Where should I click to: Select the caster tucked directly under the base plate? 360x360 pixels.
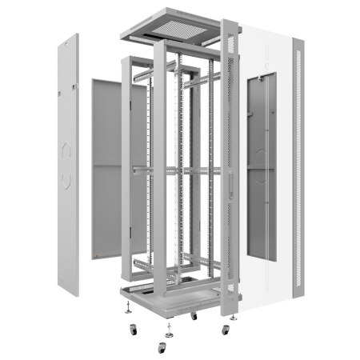click(x=194, y=316)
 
